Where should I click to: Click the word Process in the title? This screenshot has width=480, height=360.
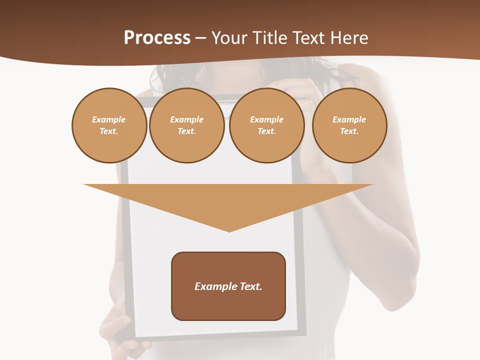157,38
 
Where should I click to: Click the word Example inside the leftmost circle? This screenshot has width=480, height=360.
109,119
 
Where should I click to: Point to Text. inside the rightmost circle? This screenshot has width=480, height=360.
349,131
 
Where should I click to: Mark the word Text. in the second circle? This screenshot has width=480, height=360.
186,131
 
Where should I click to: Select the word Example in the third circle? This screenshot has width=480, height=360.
266,119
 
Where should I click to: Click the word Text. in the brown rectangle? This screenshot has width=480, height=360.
250,286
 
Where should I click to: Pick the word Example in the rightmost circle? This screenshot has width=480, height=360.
349,119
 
